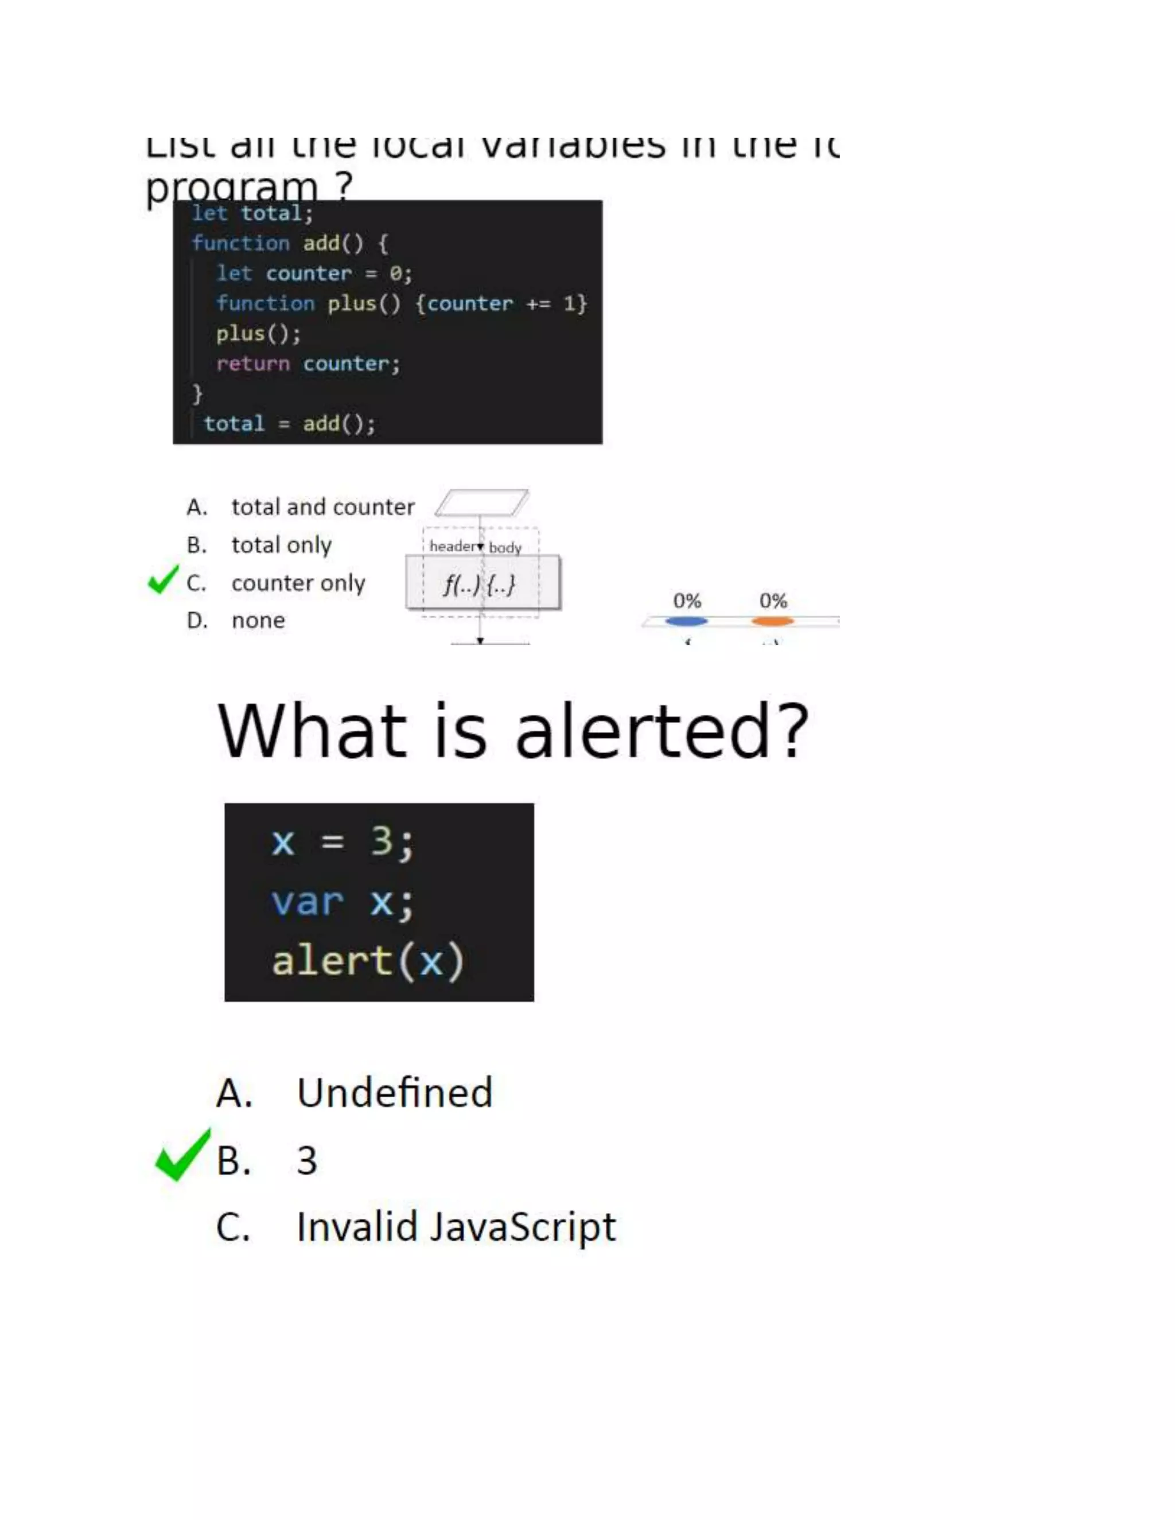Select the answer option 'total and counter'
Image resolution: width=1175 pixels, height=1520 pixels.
pyautogui.click(x=322, y=506)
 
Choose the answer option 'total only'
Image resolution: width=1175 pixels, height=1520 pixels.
pyautogui.click(x=281, y=545)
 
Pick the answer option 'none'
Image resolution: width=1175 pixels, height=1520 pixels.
pyautogui.click(x=258, y=620)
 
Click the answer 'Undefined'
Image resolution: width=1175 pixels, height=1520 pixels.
pyautogui.click(x=394, y=1093)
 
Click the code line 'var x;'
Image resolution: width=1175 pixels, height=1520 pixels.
pyautogui.click(x=343, y=902)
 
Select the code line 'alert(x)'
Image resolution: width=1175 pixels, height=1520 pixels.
pyautogui.click(x=368, y=962)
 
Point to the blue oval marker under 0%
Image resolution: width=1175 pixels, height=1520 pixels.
pyautogui.click(x=686, y=621)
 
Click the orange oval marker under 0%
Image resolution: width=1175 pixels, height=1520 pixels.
pyautogui.click(x=773, y=621)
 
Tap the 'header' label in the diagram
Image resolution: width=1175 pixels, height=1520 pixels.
pyautogui.click(x=453, y=546)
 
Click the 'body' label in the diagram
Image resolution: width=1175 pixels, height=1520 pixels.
pyautogui.click(x=505, y=548)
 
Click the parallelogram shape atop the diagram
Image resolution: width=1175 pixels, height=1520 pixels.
pyautogui.click(x=482, y=502)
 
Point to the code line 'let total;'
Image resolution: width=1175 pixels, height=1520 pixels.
pyautogui.click(x=252, y=213)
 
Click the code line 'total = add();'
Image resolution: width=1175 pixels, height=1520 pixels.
pyautogui.click(x=290, y=424)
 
